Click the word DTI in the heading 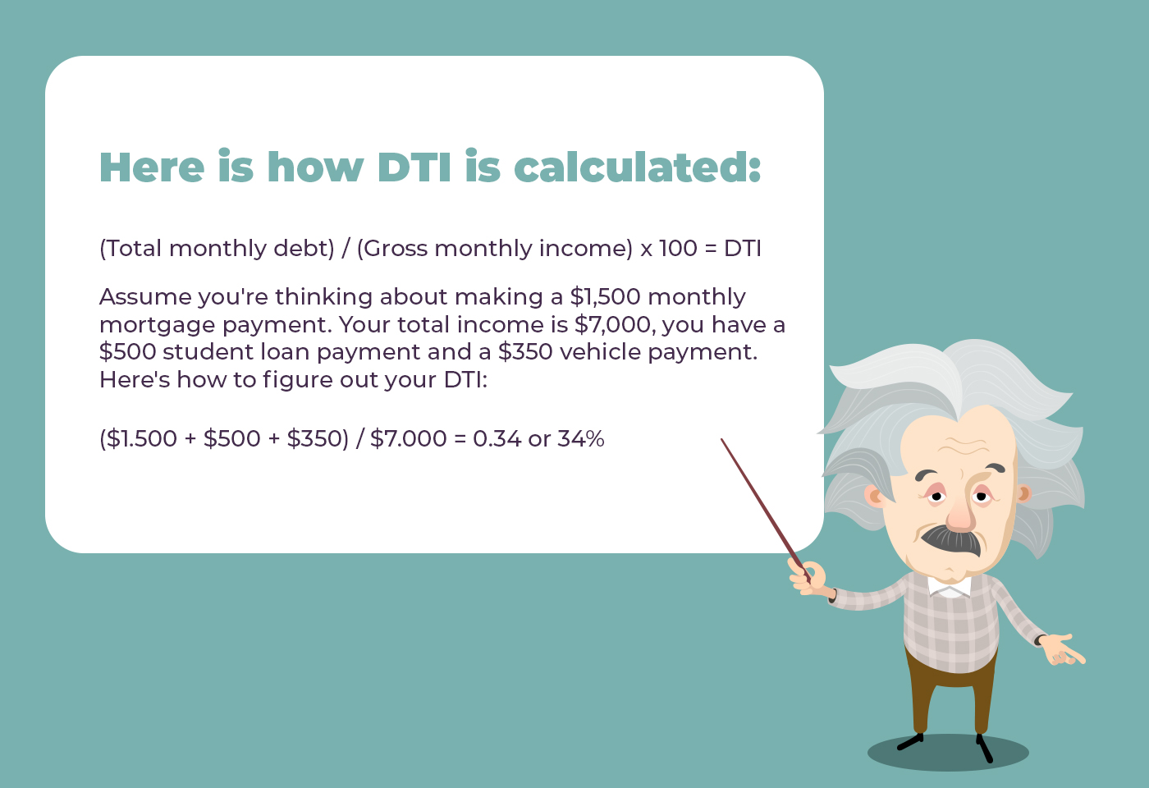414,167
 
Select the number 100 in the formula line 678,248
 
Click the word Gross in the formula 396,248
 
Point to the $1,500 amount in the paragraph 606,297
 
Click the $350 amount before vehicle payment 525,352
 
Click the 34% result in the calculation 581,438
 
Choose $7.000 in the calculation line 409,438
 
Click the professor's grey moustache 951,540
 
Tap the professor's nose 960,514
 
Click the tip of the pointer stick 721,439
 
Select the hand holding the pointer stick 808,579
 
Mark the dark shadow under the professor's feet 948,753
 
